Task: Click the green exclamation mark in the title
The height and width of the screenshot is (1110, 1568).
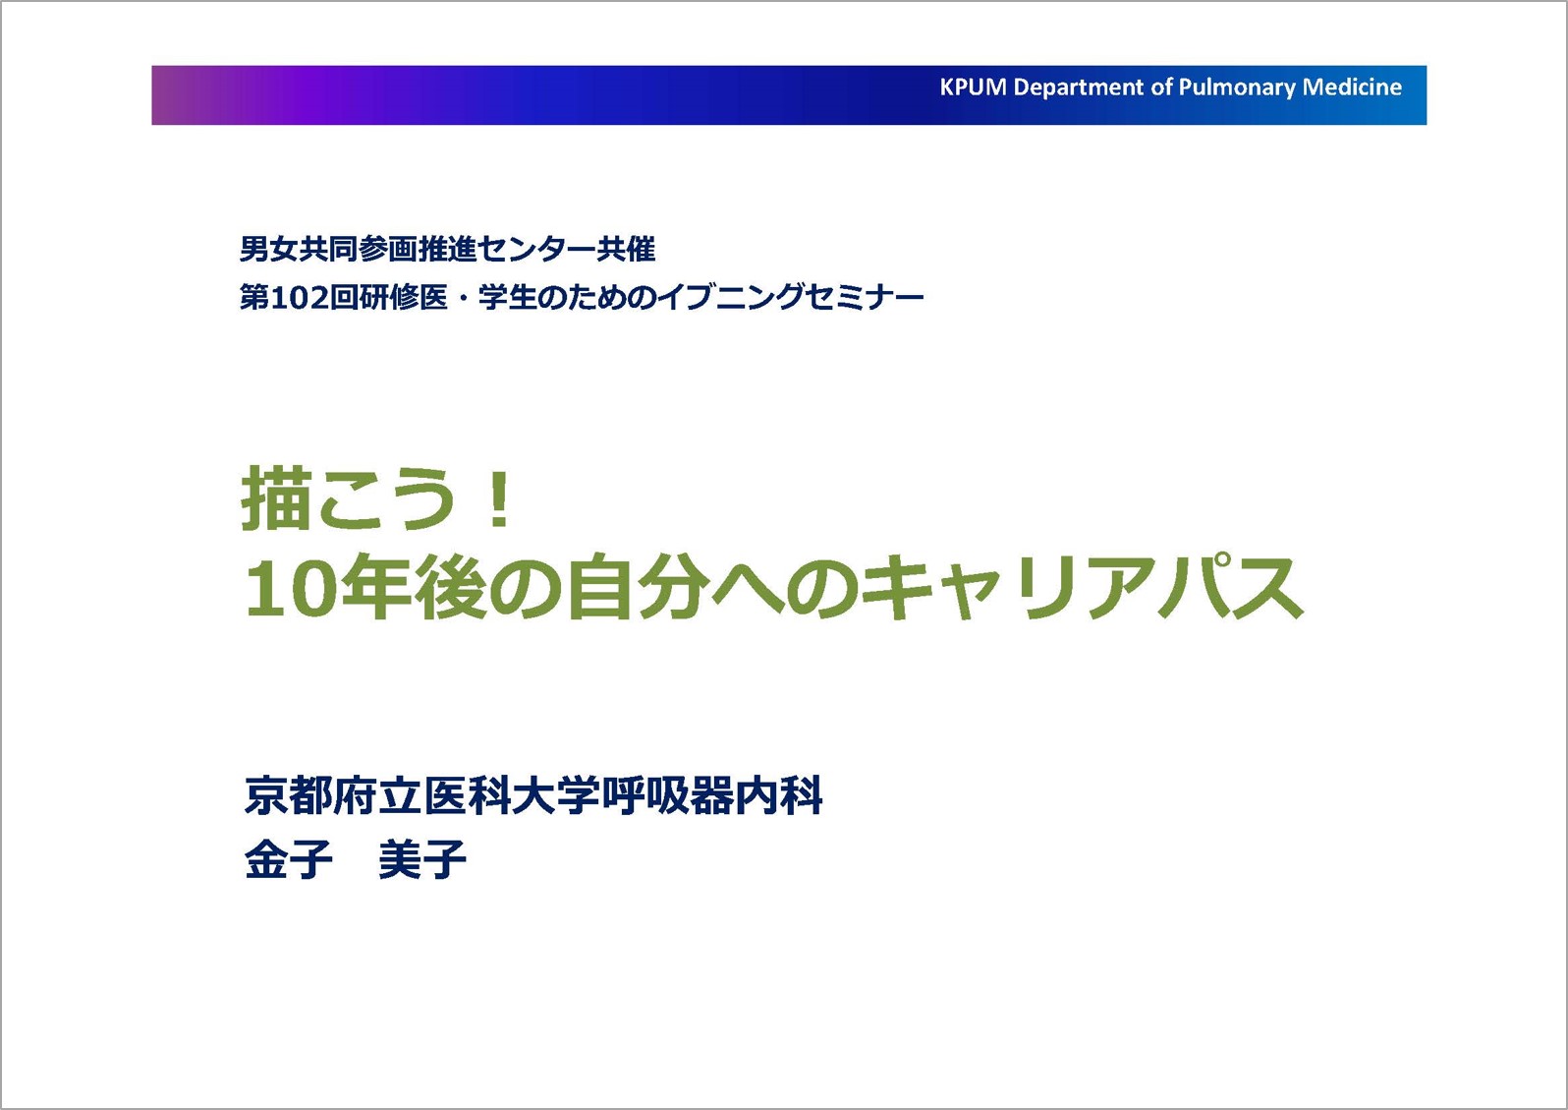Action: [499, 498]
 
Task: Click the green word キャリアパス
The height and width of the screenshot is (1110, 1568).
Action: [1082, 587]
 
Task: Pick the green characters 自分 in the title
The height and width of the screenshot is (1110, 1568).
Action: [635, 587]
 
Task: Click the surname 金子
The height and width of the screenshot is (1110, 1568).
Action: [288, 859]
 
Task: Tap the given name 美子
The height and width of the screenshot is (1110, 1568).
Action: [422, 859]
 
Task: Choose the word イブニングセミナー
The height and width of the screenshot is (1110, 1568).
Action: [791, 298]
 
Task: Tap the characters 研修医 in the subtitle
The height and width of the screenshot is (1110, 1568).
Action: [403, 298]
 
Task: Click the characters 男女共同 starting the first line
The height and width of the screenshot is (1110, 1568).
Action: [299, 250]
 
